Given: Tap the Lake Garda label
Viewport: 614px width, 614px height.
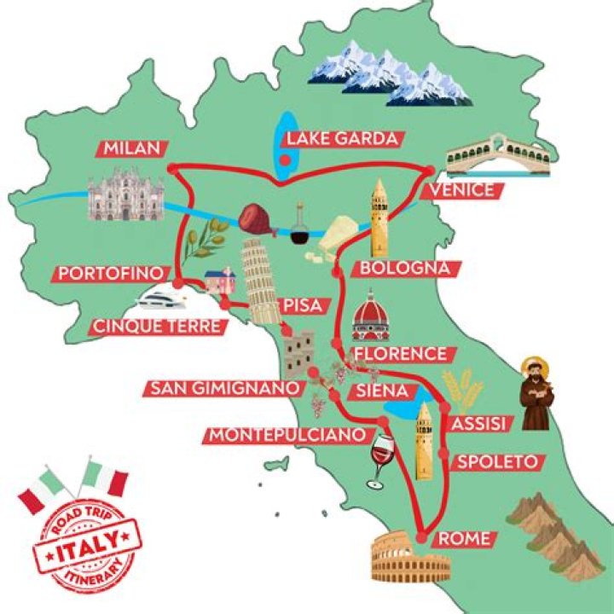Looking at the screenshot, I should (x=342, y=139).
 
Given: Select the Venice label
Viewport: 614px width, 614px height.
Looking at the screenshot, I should (x=463, y=189).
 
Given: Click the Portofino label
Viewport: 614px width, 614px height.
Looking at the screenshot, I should (x=109, y=274).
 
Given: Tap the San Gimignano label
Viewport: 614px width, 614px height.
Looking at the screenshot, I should (x=225, y=388).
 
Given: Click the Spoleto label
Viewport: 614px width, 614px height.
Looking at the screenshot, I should (x=497, y=462).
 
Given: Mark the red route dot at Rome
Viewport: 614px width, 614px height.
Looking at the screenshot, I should (x=421, y=536).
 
